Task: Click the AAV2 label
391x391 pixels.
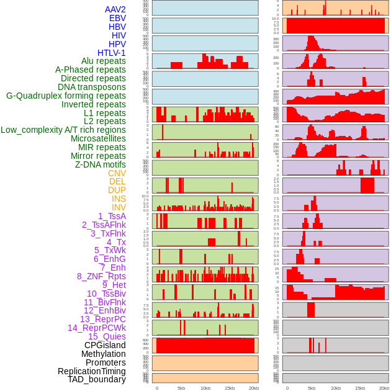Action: coord(115,9)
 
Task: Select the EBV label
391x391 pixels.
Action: coord(117,18)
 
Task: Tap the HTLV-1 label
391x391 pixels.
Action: coord(111,53)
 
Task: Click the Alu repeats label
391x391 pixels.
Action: coord(103,61)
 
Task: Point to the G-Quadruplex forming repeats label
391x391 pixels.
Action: coord(66,96)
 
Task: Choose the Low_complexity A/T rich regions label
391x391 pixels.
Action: coord(63,130)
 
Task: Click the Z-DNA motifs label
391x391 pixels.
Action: coord(100,164)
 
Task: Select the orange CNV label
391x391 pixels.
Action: coord(117,173)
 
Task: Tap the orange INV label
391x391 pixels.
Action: coord(118,207)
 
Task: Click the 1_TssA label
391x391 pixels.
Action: coord(112,216)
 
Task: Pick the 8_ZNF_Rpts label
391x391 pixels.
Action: coord(101,276)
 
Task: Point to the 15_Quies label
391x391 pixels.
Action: coord(106,336)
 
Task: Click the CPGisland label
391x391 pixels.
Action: coord(105,345)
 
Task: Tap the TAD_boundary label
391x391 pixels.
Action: coord(97,379)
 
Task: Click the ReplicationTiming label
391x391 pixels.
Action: coord(91,371)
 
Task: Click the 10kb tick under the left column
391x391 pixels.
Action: coord(205,388)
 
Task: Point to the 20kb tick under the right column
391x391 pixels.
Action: coord(384,388)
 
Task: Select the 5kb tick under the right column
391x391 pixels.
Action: coord(312,388)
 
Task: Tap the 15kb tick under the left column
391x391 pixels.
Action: coord(229,388)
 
